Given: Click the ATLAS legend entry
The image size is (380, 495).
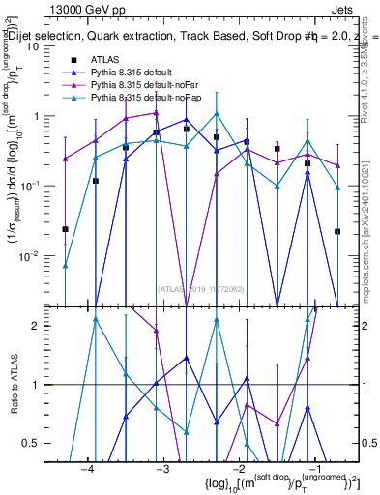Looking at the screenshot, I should (x=102, y=60).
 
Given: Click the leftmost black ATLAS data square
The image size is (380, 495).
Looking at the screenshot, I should (x=65, y=229).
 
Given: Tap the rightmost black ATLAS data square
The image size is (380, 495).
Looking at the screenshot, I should (x=337, y=231).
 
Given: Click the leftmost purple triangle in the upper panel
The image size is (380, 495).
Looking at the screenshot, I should (x=65, y=159).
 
